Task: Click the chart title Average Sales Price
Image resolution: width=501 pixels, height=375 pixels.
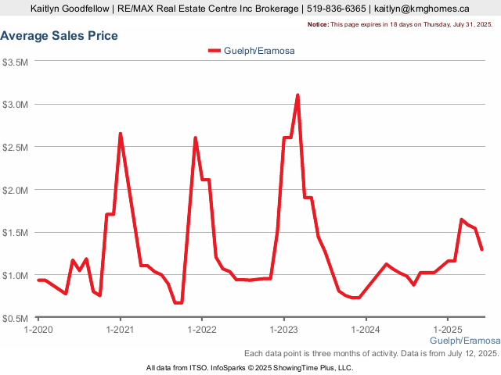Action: [x=59, y=36]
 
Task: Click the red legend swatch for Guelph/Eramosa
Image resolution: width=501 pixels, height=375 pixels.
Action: [x=214, y=51]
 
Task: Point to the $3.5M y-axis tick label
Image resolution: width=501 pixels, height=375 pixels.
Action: [x=16, y=62]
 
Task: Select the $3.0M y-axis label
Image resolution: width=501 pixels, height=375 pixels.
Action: [x=16, y=105]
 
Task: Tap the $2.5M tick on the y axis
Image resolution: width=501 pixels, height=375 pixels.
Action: [x=16, y=148]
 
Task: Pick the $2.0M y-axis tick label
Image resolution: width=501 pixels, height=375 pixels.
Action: [x=16, y=190]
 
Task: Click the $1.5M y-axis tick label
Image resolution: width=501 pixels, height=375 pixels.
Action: [x=16, y=233]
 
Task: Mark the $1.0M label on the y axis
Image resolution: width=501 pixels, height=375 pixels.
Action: [x=16, y=276]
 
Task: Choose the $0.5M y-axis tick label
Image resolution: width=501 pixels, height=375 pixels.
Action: [x=16, y=318]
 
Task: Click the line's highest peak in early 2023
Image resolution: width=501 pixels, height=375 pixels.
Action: [x=297, y=95]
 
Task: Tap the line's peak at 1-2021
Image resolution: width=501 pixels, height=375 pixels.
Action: [x=120, y=134]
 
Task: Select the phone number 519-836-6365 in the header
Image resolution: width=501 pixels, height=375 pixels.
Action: [x=335, y=9]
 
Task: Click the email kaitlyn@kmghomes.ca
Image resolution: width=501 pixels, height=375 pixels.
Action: [x=421, y=9]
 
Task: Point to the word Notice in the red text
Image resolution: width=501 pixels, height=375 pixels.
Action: [x=318, y=25]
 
